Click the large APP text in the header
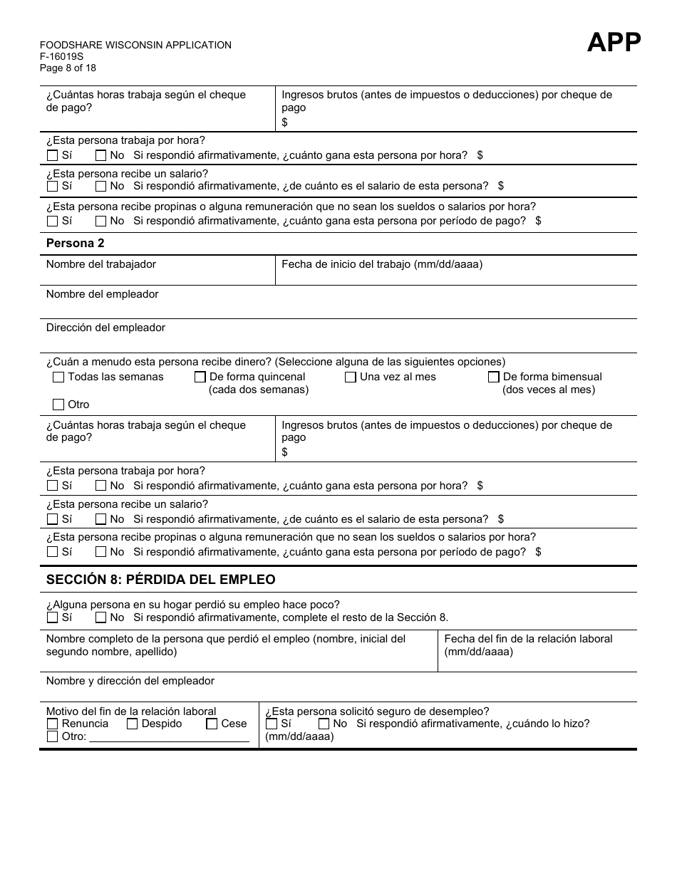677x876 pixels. tap(614, 43)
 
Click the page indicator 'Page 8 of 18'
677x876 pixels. tap(68, 68)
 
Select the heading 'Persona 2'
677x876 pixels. tap(75, 244)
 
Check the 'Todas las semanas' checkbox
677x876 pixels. tap(58, 377)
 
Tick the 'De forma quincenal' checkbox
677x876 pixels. tap(200, 377)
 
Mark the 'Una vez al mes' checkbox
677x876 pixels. tap(351, 377)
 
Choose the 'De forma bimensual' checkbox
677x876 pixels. tap(494, 377)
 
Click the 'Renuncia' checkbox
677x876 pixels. tap(52, 724)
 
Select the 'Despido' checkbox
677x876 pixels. tap(132, 724)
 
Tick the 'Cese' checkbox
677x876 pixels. tap(212, 724)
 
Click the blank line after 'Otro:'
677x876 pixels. tap(169, 737)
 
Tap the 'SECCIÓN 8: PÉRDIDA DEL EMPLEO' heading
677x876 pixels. tap(160, 580)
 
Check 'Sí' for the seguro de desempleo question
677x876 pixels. tap(272, 724)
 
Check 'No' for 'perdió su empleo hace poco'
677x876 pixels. tap(100, 618)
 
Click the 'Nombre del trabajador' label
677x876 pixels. tap(100, 264)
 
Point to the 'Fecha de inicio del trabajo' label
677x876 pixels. tap(382, 264)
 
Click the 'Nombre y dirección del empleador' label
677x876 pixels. tap(130, 681)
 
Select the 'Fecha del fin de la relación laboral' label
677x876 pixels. tap(528, 639)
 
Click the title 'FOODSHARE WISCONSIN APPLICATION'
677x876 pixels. tap(135, 45)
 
